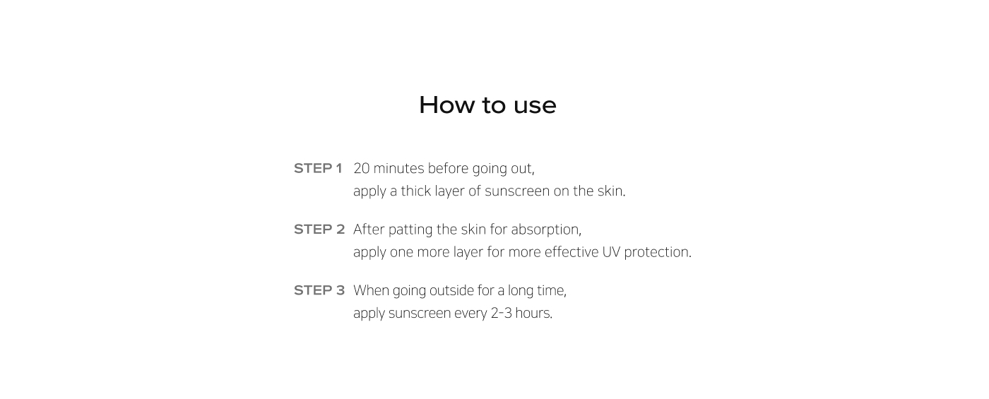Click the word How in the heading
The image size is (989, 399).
coord(446,105)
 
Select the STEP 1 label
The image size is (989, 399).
coord(318,168)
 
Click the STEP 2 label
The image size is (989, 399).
coord(319,229)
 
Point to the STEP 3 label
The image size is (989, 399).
coord(319,290)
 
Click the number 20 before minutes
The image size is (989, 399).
coord(361,168)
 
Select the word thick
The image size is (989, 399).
coord(415,191)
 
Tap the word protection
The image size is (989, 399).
coord(656,253)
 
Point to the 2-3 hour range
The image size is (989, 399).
coord(501,313)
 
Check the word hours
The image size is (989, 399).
coord(533,313)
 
